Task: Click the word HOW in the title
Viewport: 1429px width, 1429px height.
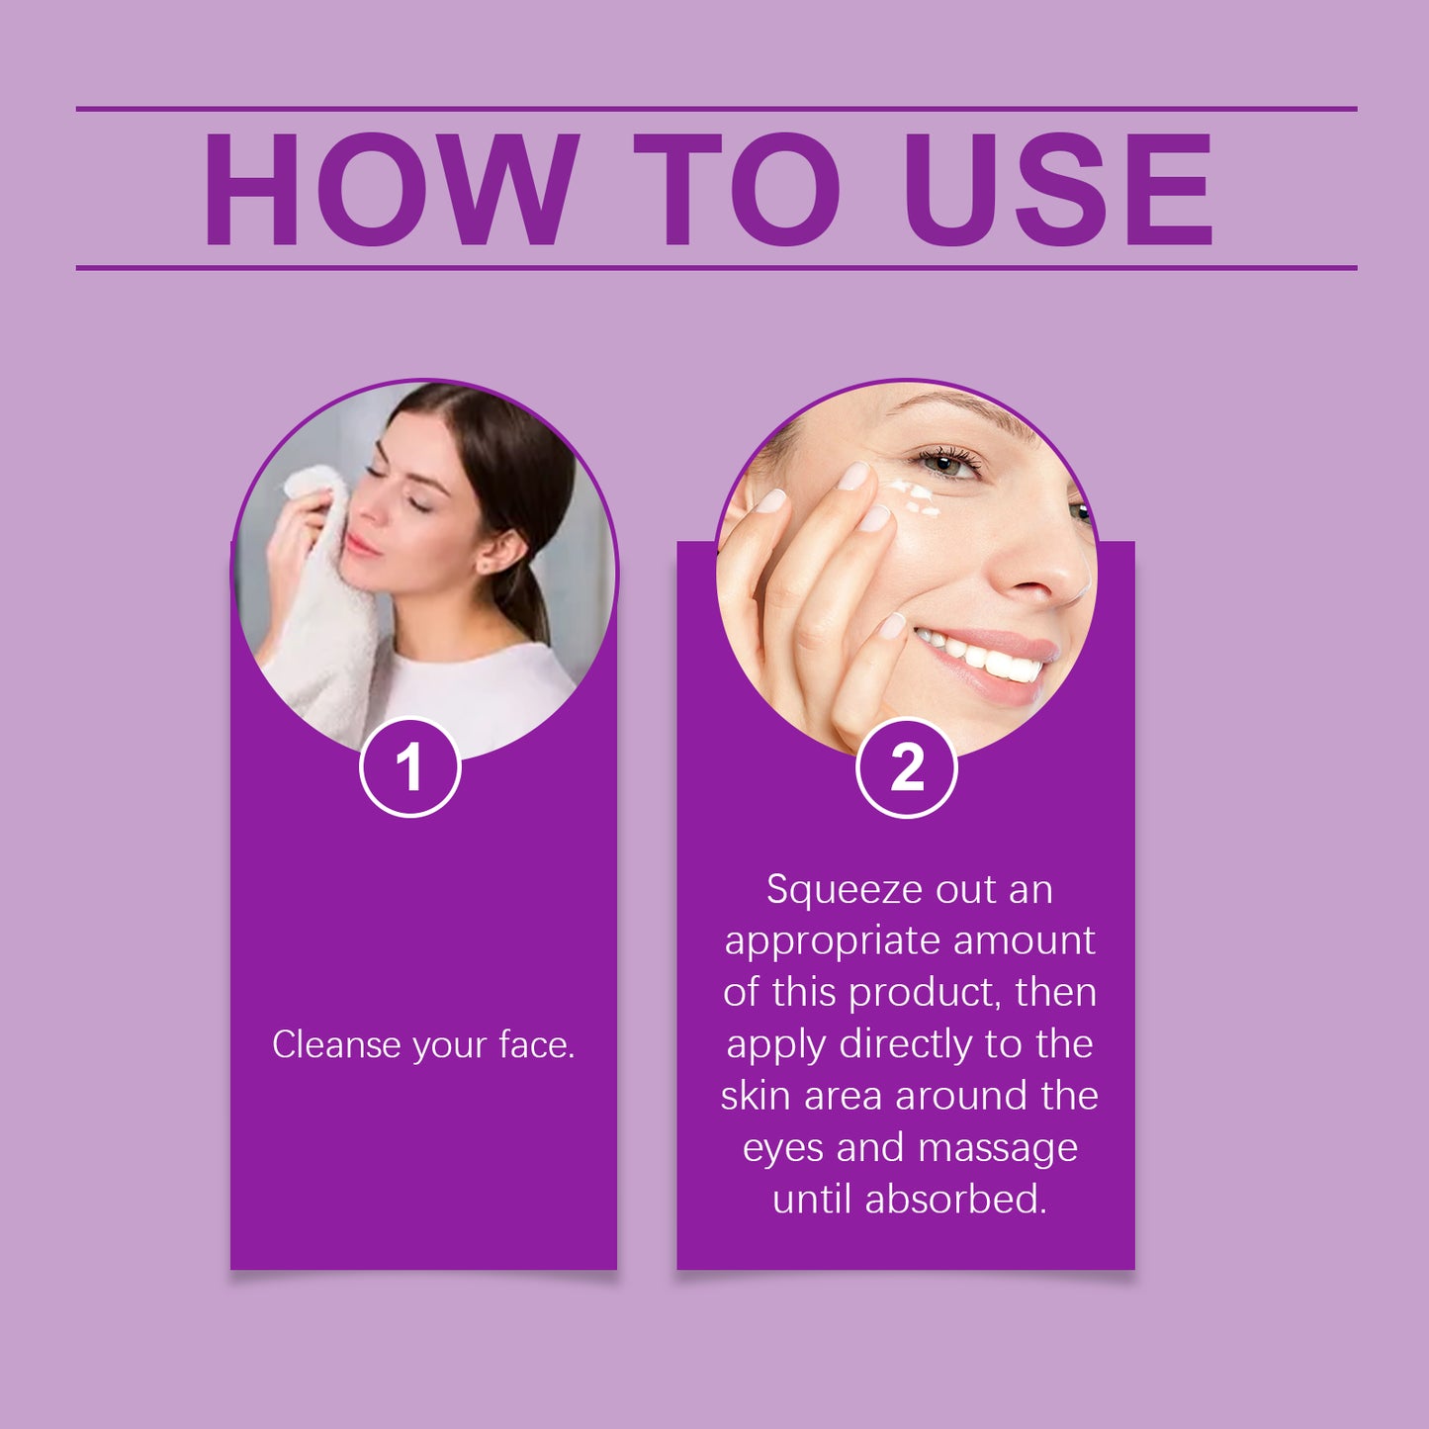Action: point(390,189)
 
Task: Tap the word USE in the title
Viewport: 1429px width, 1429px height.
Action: point(1057,189)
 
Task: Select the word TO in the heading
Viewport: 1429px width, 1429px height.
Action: point(737,189)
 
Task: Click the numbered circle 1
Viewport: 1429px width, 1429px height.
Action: point(409,767)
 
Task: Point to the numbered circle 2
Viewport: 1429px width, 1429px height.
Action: point(906,767)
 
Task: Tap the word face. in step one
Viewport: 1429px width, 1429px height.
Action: point(536,1045)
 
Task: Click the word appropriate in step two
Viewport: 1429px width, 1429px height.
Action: point(832,941)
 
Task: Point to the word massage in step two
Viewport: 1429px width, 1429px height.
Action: point(997,1148)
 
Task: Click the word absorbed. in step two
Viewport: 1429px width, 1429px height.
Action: point(955,1200)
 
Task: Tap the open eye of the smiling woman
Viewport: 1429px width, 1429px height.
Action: point(948,462)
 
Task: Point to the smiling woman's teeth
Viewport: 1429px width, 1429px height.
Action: point(989,658)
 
